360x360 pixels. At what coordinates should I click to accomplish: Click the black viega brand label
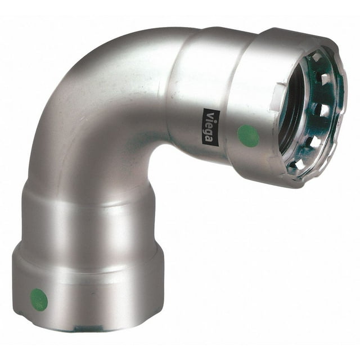(211, 128)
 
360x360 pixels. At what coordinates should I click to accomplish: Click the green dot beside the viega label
(249, 134)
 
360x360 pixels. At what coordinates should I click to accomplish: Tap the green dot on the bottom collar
(39, 300)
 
